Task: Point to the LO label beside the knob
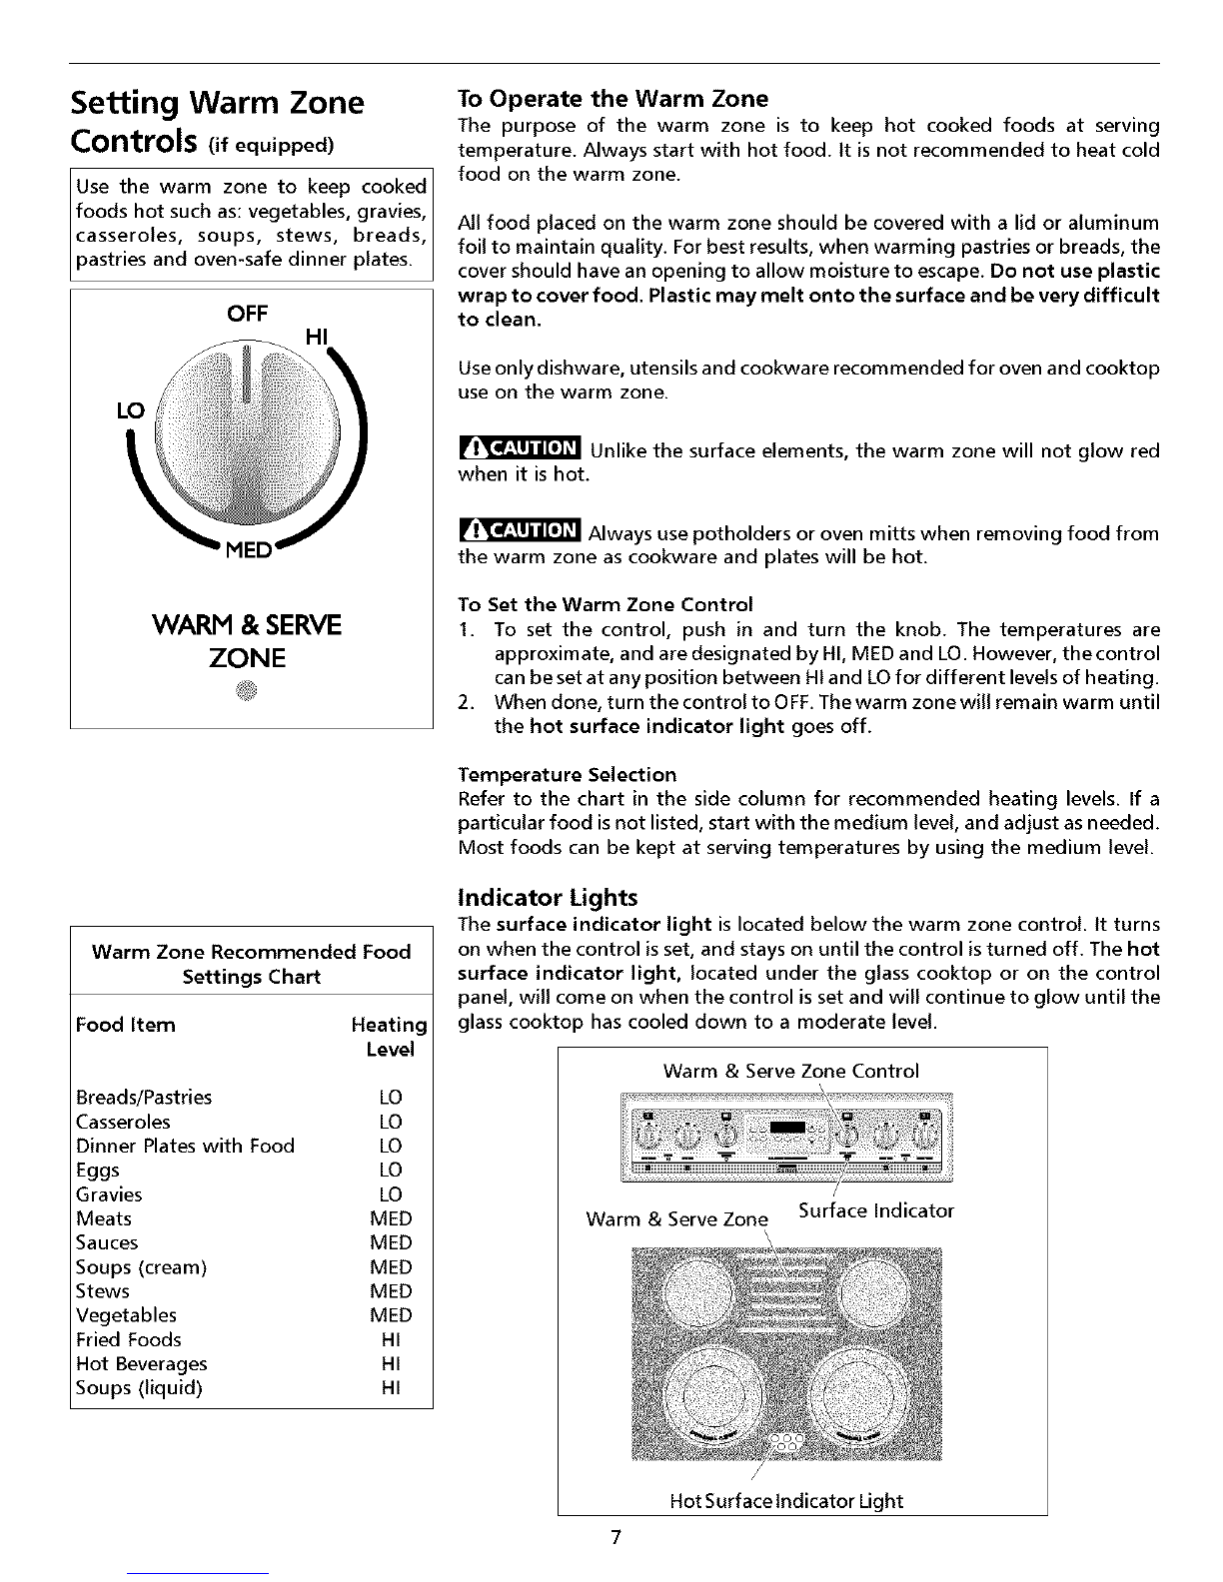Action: pyautogui.click(x=130, y=409)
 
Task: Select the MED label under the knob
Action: pyautogui.click(x=247, y=552)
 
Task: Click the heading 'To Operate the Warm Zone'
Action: pyautogui.click(x=612, y=99)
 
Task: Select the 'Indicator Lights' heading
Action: pyautogui.click(x=547, y=897)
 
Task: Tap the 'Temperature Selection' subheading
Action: pyautogui.click(x=567, y=775)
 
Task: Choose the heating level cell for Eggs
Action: pyautogui.click(x=391, y=1171)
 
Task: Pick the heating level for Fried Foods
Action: pyautogui.click(x=391, y=1340)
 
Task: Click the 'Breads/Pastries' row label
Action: pyautogui.click(x=144, y=1098)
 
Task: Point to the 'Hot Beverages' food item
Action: pyautogui.click(x=142, y=1364)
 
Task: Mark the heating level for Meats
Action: pyautogui.click(x=391, y=1219)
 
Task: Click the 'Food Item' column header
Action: pyautogui.click(x=126, y=1025)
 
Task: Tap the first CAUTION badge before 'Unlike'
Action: pyautogui.click(x=519, y=451)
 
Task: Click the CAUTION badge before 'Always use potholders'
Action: pyautogui.click(x=519, y=533)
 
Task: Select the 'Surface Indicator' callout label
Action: pyautogui.click(x=875, y=1211)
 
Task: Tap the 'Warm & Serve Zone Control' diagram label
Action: pyautogui.click(x=790, y=1072)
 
